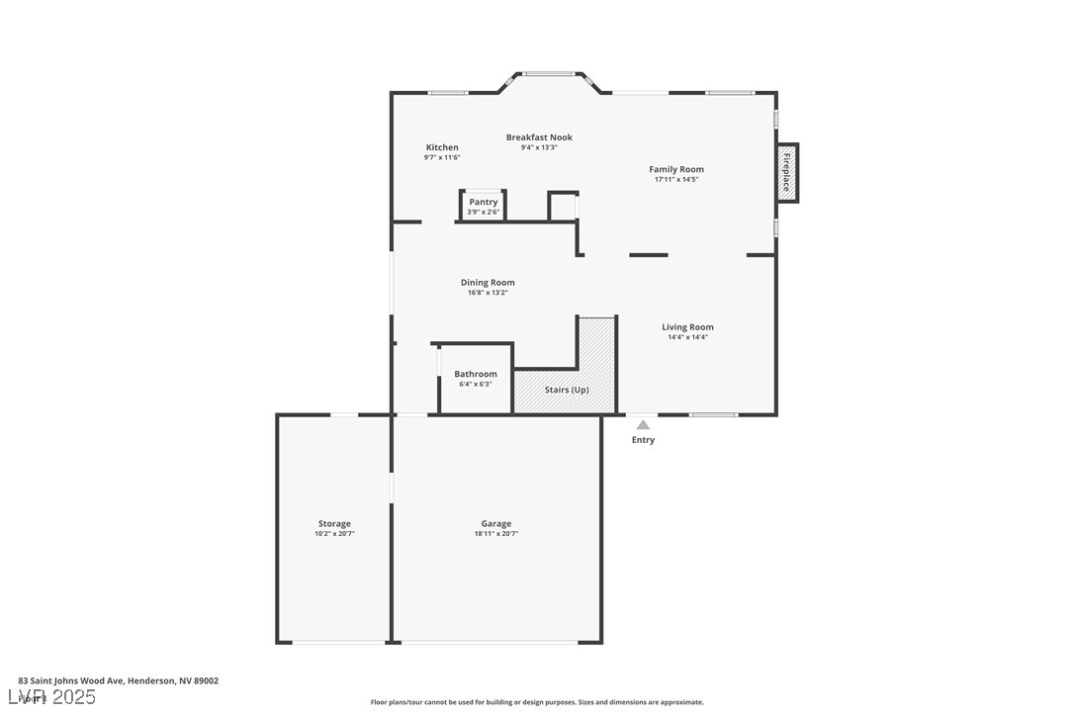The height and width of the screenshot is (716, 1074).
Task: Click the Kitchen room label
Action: [x=442, y=147]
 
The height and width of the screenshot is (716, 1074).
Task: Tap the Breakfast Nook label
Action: [x=539, y=137]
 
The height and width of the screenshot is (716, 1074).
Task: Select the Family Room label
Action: [x=676, y=169]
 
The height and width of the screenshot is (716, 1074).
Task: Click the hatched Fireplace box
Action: [x=786, y=173]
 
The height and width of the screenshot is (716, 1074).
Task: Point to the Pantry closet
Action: [x=484, y=206]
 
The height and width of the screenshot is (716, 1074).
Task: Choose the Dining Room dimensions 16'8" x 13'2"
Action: [x=488, y=293]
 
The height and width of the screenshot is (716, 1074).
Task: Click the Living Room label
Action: [x=687, y=327]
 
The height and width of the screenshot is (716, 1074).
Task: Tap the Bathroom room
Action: [x=476, y=378]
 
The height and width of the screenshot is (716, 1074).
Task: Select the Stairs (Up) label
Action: [x=567, y=390]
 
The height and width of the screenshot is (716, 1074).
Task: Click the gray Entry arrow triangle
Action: [x=643, y=424]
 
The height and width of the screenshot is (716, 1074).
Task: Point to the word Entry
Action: [x=643, y=440]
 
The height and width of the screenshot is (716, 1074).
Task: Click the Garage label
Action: [x=496, y=524]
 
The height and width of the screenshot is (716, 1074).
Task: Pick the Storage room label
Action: [x=334, y=524]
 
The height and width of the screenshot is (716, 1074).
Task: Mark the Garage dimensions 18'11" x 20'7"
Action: [x=496, y=534]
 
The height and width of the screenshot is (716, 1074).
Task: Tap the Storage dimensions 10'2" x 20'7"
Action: [x=334, y=534]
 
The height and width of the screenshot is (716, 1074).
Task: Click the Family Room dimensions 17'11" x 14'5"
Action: [x=676, y=180]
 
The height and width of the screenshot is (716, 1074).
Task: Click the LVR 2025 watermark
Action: [x=51, y=697]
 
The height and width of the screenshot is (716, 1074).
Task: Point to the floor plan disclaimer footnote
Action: [x=537, y=702]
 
